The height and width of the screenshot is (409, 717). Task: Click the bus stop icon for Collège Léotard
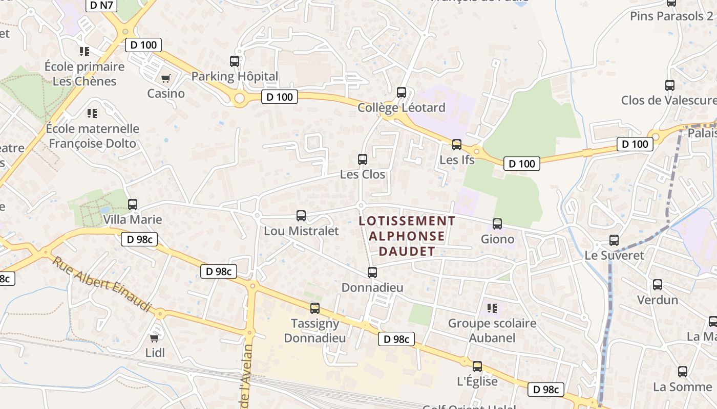(x=402, y=93)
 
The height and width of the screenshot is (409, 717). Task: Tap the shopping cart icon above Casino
(x=165, y=79)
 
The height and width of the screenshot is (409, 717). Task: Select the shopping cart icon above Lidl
(x=154, y=338)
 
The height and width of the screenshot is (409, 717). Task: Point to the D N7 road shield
(x=102, y=6)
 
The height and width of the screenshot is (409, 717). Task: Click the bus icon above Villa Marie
(x=133, y=204)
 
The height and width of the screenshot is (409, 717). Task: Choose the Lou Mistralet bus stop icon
(x=301, y=216)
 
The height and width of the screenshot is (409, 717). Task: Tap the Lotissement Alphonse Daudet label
(x=407, y=236)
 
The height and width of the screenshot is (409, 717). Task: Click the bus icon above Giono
(x=497, y=224)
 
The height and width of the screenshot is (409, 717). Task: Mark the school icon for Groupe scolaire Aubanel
(x=492, y=308)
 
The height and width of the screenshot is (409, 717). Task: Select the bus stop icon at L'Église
(x=477, y=367)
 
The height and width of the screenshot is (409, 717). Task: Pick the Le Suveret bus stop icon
(x=614, y=240)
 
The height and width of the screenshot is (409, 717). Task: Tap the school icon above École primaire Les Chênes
(x=85, y=51)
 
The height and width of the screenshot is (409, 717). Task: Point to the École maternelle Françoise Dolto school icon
(x=92, y=113)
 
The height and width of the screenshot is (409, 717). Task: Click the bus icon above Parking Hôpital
(x=235, y=61)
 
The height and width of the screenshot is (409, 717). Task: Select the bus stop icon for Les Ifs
(x=457, y=145)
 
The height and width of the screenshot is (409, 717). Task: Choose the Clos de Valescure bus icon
(x=670, y=85)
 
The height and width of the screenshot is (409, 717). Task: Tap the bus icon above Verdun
(x=658, y=285)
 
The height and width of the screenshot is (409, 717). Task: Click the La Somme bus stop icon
(x=683, y=372)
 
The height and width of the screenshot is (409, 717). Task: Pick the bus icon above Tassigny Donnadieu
(x=315, y=308)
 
